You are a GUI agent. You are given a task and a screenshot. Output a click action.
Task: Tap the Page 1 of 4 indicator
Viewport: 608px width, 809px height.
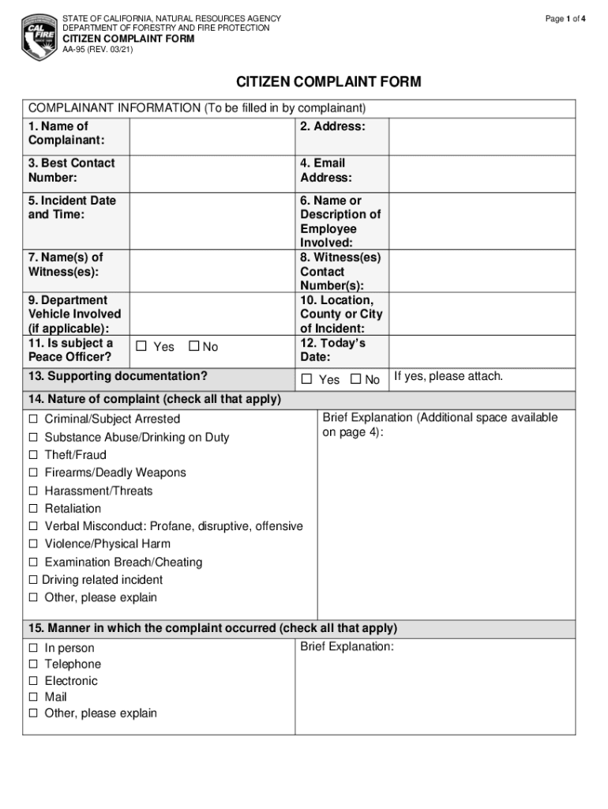(x=565, y=19)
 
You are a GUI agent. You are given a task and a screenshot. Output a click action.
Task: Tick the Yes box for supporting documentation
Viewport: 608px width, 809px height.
(x=308, y=380)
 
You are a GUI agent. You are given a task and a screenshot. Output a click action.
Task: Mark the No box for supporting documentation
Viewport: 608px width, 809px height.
(x=355, y=380)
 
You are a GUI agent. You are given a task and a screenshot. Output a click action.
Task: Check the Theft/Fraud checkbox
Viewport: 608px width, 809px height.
(x=34, y=455)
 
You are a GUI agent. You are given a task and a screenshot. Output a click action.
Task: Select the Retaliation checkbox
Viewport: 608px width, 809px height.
(x=34, y=509)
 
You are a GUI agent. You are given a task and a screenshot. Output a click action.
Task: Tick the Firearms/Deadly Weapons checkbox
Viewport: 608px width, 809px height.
(x=34, y=473)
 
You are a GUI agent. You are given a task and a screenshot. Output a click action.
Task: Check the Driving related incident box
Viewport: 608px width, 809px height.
(x=34, y=580)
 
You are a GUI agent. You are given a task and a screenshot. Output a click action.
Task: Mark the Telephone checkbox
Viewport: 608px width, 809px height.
(x=34, y=664)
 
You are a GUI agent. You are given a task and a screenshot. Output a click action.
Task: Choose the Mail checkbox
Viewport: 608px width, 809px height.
(x=34, y=698)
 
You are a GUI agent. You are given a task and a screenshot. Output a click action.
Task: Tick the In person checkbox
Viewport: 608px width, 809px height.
(x=34, y=648)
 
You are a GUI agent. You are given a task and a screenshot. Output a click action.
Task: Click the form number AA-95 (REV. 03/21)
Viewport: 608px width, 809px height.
(x=98, y=50)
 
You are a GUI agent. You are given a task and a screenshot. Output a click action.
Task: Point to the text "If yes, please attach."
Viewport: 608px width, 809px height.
(x=448, y=377)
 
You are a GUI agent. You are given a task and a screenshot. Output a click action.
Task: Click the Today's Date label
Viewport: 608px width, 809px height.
(x=333, y=350)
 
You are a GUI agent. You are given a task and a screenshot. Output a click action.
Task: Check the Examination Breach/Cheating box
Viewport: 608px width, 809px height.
(x=34, y=563)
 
